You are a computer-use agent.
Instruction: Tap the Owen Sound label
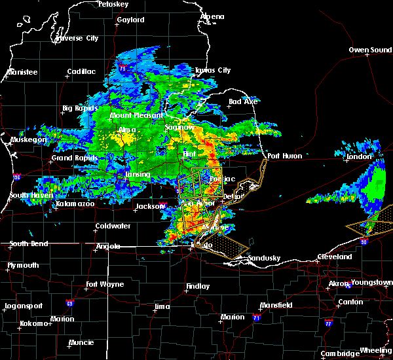pos(370,50)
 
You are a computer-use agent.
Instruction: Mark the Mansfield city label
pos(276,306)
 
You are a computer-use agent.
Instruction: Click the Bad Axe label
pos(243,101)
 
